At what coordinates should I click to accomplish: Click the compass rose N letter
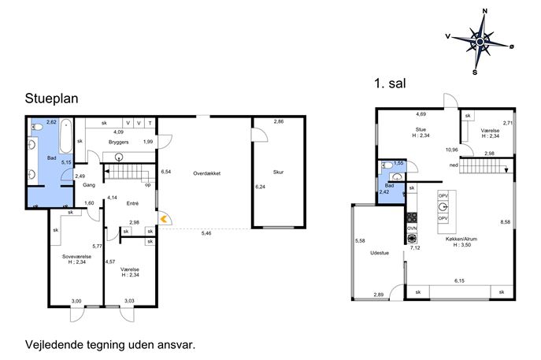[485, 11]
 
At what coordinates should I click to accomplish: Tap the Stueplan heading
[51, 98]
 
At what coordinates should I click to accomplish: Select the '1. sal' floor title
[390, 84]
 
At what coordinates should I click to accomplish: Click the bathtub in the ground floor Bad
[65, 136]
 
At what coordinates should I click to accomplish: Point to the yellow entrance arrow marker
[164, 219]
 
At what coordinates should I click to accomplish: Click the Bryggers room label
[118, 143]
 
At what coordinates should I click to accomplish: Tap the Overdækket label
[206, 173]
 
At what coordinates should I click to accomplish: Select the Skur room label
[278, 172]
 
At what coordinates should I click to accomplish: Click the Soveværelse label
[76, 257]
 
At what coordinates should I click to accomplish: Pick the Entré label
[132, 204]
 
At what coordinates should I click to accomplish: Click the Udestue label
[380, 253]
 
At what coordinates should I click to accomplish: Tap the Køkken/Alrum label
[461, 239]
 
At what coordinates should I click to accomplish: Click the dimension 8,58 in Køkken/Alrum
[505, 222]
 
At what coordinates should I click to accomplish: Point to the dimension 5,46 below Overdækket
[206, 233]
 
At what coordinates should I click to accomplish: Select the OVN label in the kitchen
[412, 228]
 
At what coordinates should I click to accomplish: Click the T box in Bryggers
[150, 123]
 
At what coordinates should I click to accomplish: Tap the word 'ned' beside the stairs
[454, 165]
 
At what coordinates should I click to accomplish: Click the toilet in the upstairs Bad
[387, 165]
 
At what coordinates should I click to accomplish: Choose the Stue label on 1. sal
[421, 129]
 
